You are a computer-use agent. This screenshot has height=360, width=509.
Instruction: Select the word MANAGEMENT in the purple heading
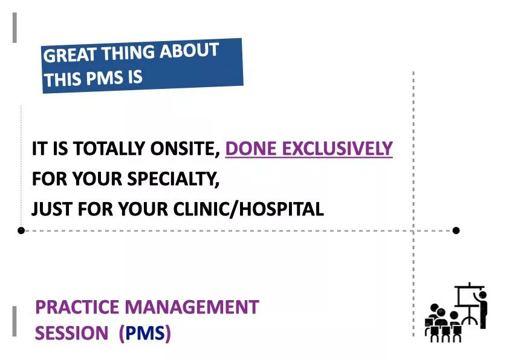pyautogui.click(x=192, y=307)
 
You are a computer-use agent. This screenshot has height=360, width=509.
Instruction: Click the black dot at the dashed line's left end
pyautogui.click(x=21, y=231)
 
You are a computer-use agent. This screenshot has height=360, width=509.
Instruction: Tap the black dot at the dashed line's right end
pyautogui.click(x=456, y=231)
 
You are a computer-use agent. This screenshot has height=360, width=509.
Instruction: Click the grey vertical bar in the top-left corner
pyautogui.click(x=15, y=28)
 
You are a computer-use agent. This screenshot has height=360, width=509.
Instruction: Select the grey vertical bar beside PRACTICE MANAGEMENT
pyautogui.click(x=15, y=321)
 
